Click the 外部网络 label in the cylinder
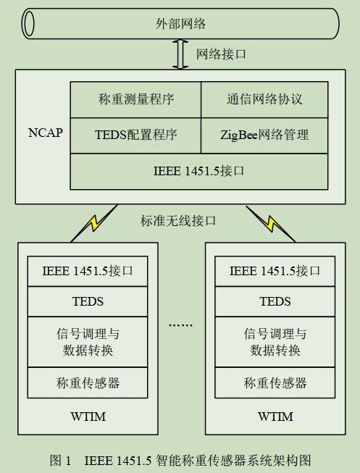point(180,24)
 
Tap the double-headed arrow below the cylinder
point(180,55)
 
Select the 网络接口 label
point(221,54)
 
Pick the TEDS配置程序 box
point(135,134)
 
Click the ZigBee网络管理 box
point(264,134)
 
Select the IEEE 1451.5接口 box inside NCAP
point(199,171)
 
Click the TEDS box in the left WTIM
point(88,301)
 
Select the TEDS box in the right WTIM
point(275,301)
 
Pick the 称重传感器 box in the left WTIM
point(88,382)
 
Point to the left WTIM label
point(88,417)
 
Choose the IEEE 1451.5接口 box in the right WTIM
point(275,272)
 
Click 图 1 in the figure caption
point(59,459)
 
